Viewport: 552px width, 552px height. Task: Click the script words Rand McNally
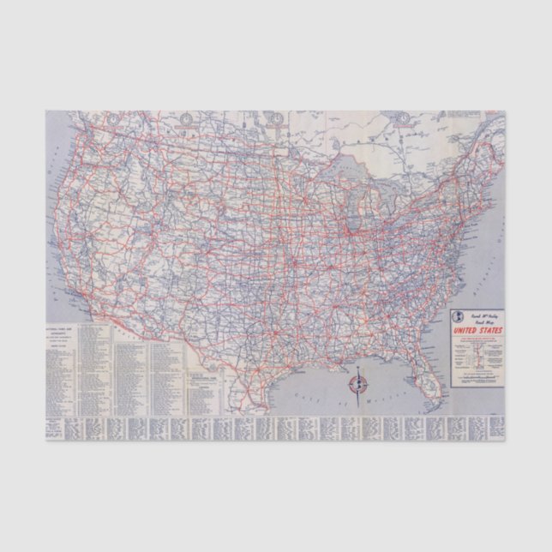[481, 315]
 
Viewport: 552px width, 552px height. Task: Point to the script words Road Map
[481, 323]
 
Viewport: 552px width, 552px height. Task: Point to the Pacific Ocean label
[51, 257]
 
